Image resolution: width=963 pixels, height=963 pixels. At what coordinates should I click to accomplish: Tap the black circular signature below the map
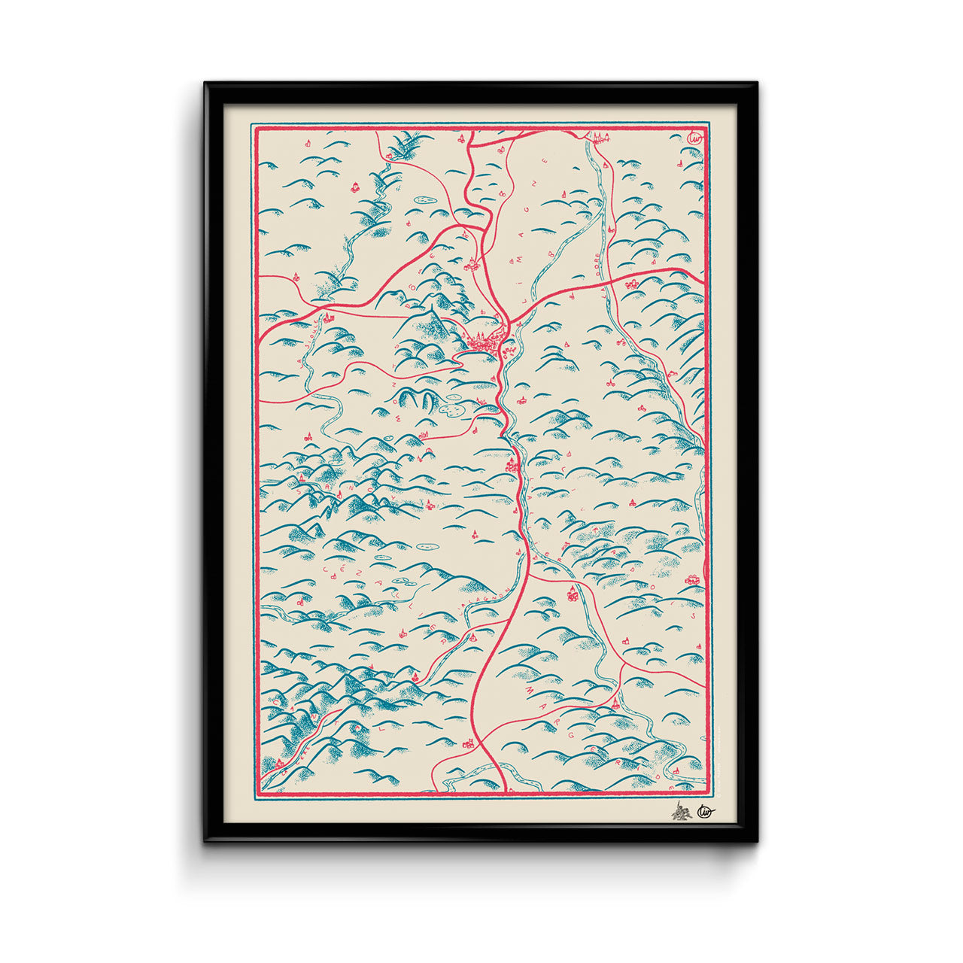click(706, 811)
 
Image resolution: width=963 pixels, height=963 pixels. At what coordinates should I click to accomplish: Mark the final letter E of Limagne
click(547, 164)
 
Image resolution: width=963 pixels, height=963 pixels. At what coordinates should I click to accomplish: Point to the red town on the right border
click(692, 579)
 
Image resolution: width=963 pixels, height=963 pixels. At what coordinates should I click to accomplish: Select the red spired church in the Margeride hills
click(615, 704)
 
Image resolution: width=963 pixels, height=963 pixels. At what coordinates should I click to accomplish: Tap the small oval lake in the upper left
click(423, 199)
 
